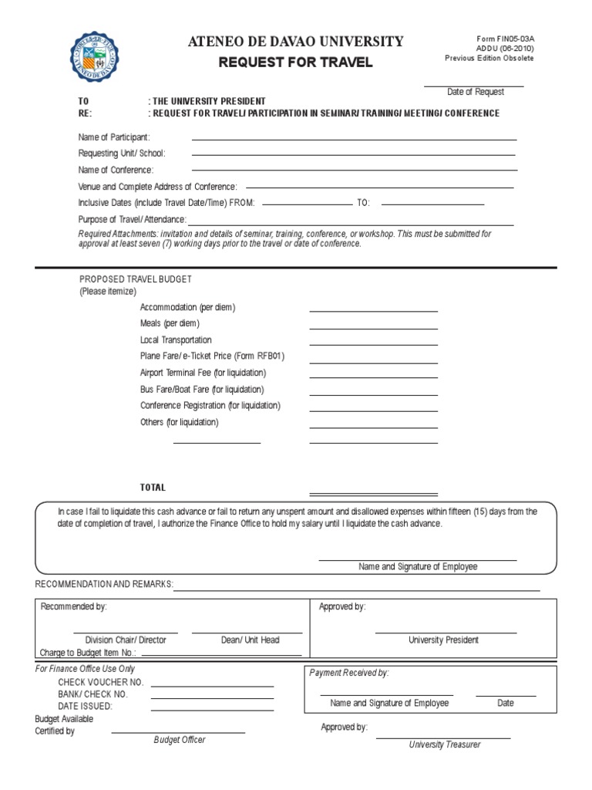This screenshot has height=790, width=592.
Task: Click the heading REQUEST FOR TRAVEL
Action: tap(295, 62)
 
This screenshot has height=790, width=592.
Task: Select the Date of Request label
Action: tap(476, 92)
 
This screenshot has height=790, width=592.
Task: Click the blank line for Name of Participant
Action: tap(354, 139)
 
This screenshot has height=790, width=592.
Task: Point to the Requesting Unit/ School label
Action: tap(122, 154)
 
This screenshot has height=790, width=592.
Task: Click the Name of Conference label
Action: tap(116, 170)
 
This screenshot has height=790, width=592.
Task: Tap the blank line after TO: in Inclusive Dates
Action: tap(432, 204)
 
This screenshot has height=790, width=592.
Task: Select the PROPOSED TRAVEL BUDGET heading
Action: tap(136, 279)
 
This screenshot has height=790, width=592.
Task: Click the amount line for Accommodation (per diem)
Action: tap(373, 310)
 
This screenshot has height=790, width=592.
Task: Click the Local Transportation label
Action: tap(176, 340)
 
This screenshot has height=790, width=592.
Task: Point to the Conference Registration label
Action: tap(210, 406)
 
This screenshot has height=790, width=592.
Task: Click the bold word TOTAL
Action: tap(153, 488)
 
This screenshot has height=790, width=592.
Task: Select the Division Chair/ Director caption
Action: tap(125, 640)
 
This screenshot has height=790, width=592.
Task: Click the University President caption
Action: tap(443, 640)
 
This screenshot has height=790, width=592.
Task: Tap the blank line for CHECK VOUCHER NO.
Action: tap(212, 685)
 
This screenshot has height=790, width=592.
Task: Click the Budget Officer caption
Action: tap(180, 740)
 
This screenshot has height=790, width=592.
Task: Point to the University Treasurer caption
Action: tap(443, 744)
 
